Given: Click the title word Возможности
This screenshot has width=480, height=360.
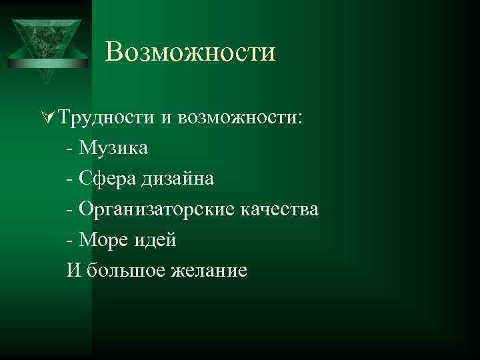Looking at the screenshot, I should (190, 53).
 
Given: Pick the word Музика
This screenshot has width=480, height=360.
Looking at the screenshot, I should (113, 148).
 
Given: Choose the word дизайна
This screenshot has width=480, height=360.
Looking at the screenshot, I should (177, 179).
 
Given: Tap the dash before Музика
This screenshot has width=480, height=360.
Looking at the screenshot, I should (70, 149).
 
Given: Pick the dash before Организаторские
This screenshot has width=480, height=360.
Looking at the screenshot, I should (70, 210).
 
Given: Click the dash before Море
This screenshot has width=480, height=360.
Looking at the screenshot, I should (70, 240).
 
